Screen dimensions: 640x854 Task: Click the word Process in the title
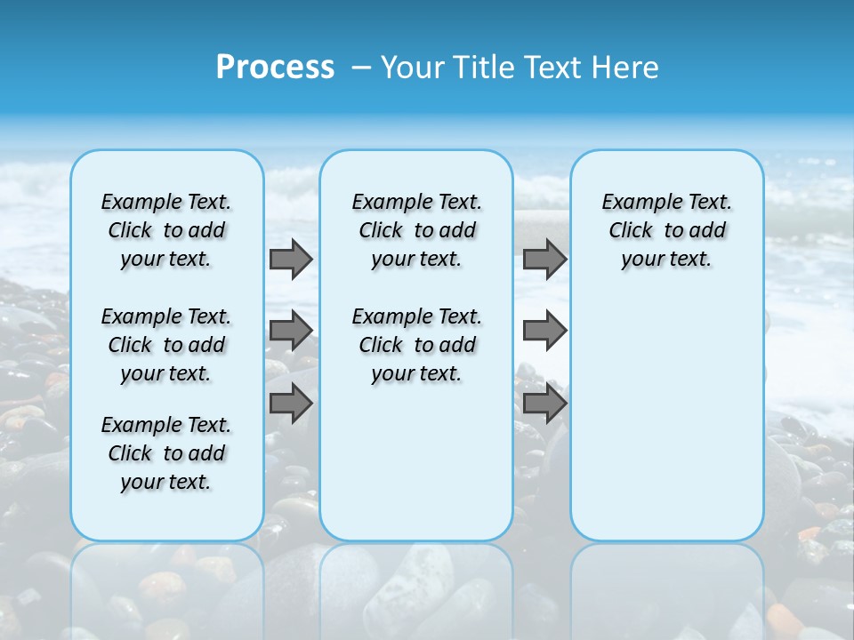pyautogui.click(x=275, y=68)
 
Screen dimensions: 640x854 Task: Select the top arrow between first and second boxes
pyautogui.click(x=290, y=259)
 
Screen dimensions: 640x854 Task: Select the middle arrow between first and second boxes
pyautogui.click(x=290, y=331)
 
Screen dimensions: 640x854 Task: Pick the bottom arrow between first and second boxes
pyautogui.click(x=290, y=404)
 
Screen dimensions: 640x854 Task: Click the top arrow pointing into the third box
pyautogui.click(x=544, y=259)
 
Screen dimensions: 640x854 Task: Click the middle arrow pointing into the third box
pyautogui.click(x=544, y=331)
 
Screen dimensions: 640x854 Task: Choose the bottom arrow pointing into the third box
pyautogui.click(x=544, y=404)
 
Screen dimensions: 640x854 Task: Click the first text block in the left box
pyautogui.click(x=166, y=230)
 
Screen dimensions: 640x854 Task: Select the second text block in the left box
pyautogui.click(x=166, y=345)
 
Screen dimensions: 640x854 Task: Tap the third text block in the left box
pyautogui.click(x=166, y=453)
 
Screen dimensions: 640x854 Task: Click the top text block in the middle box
pyautogui.click(x=416, y=230)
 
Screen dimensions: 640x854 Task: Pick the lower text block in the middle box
pyautogui.click(x=416, y=345)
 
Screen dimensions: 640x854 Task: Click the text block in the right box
pyautogui.click(x=666, y=230)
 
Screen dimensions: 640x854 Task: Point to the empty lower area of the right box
pyautogui.click(x=666, y=418)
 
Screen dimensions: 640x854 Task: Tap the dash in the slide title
pyautogui.click(x=362, y=68)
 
